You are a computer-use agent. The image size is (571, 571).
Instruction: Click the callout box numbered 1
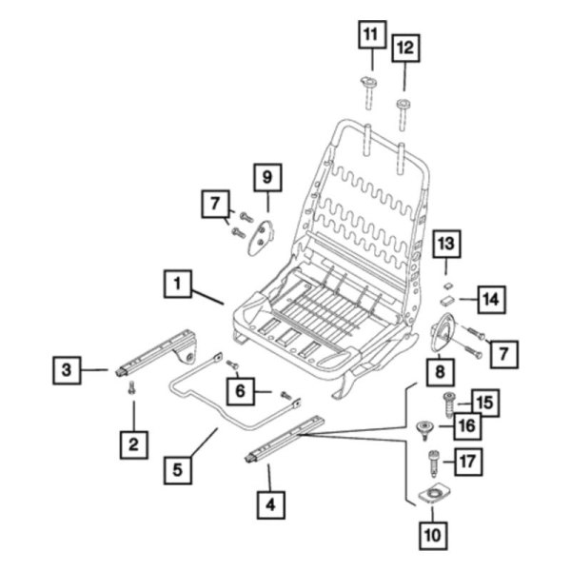(178, 284)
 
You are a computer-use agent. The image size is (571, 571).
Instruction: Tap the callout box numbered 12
(405, 48)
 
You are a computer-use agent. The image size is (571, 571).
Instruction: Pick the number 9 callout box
(267, 177)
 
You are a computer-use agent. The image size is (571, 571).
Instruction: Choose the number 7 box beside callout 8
(502, 354)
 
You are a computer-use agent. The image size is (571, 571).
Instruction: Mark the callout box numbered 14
(488, 300)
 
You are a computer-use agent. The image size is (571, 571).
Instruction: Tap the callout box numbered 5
(177, 469)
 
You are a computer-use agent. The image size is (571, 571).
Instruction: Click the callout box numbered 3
(65, 368)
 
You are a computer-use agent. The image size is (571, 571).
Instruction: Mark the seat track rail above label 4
(285, 440)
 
